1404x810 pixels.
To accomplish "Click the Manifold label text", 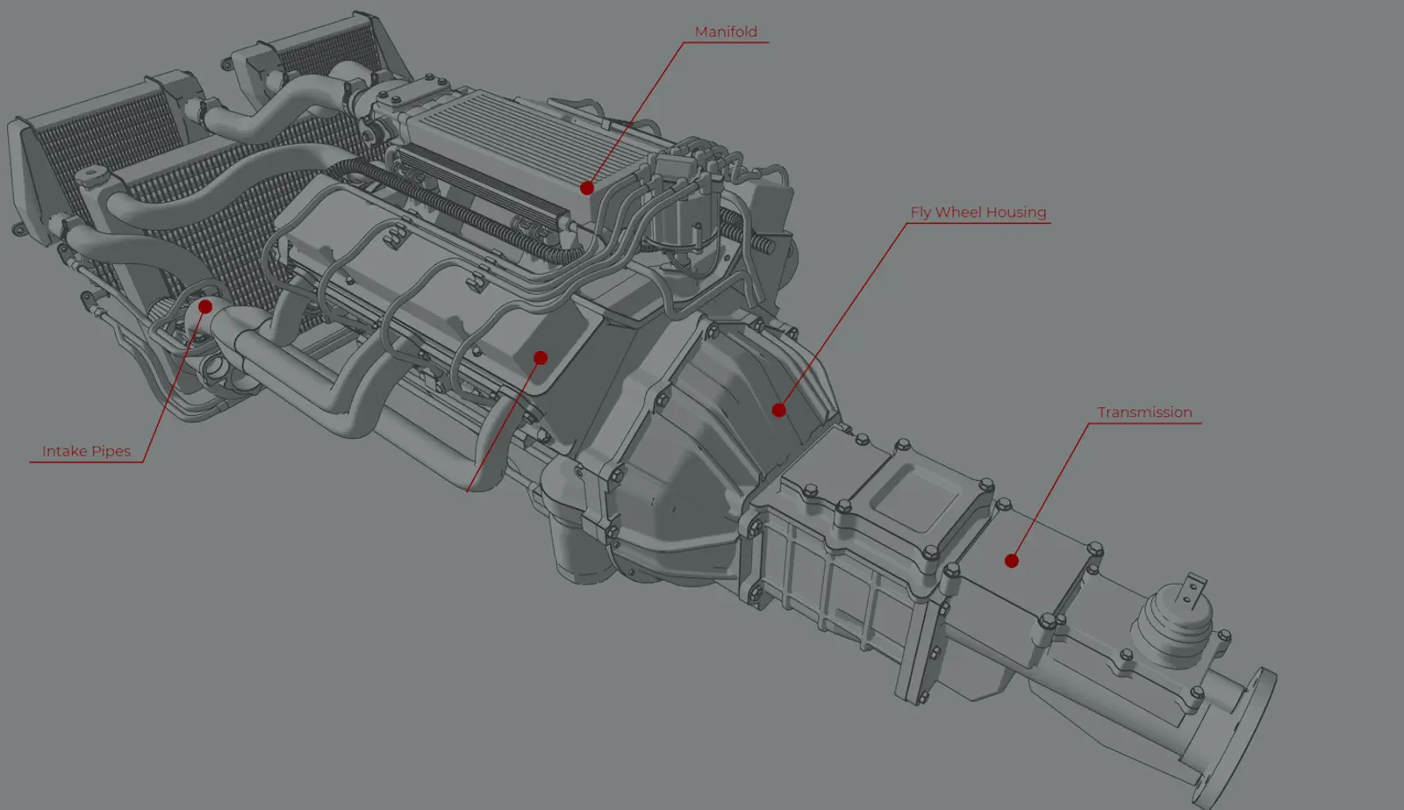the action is tap(726, 32).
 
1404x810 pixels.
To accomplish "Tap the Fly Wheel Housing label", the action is tap(978, 212).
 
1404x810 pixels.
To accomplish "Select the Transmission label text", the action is tap(1144, 412).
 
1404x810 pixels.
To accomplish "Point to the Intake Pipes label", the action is tap(87, 451).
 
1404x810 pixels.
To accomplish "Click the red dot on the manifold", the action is tap(587, 188).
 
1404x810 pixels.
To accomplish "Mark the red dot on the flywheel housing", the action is tap(778, 410).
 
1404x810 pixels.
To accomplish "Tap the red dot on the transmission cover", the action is tap(1011, 561).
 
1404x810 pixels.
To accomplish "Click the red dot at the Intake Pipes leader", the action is tap(205, 306).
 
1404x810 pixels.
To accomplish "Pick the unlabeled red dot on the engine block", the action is tap(541, 358).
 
